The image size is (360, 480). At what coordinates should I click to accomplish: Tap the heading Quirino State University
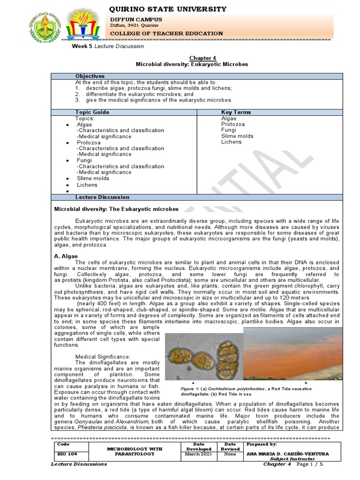click(168, 9)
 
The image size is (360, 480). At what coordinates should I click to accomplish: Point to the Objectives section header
click(90, 76)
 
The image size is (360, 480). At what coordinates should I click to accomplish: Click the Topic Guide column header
click(92, 112)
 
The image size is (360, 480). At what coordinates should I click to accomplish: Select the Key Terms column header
click(236, 112)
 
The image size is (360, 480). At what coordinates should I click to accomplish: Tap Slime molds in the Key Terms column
click(237, 136)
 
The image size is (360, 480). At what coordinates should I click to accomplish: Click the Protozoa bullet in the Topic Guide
click(89, 142)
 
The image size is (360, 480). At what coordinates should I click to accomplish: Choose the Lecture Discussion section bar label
click(102, 197)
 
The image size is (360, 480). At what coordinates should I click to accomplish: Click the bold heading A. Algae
click(66, 256)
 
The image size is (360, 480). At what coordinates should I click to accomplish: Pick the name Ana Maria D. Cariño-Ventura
click(286, 454)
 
